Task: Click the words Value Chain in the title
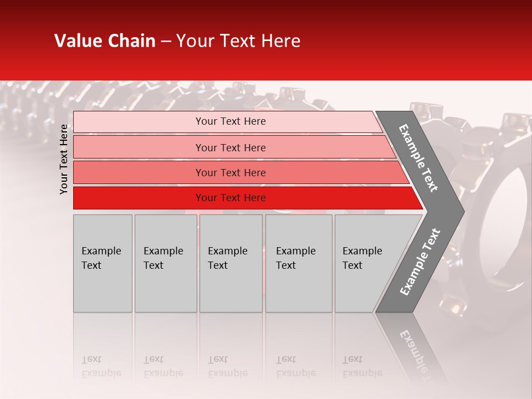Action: (x=105, y=41)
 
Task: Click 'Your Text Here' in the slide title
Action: (x=238, y=41)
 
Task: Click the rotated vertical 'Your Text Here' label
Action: (x=64, y=160)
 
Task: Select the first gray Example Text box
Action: (x=103, y=263)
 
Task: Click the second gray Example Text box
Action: (x=165, y=263)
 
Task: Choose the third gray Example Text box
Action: (x=231, y=263)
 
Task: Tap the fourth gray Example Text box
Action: (x=298, y=263)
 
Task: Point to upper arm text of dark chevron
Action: (x=418, y=158)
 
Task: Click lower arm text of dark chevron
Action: (x=420, y=262)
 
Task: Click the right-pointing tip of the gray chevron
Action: (x=461, y=211)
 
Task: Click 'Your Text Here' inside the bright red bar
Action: (x=231, y=198)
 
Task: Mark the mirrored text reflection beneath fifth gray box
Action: (x=362, y=366)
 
